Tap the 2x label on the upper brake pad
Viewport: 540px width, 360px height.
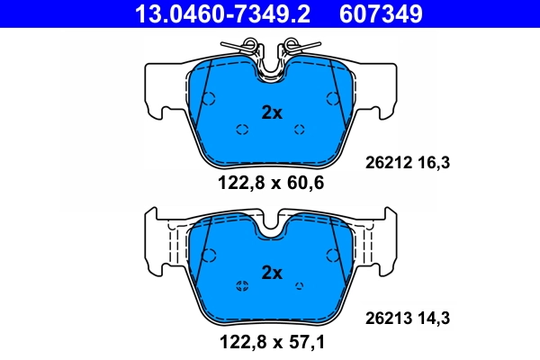pyautogui.click(x=272, y=112)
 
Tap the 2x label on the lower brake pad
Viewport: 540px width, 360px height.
pyautogui.click(x=272, y=272)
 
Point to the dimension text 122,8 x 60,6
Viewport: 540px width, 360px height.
pyautogui.click(x=271, y=184)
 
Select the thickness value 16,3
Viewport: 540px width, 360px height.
pyautogui.click(x=433, y=162)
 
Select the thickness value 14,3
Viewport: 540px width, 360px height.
pyautogui.click(x=433, y=317)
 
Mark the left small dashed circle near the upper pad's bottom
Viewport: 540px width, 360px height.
pyautogui.click(x=241, y=130)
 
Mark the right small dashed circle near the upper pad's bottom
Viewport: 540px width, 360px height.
pyautogui.click(x=300, y=130)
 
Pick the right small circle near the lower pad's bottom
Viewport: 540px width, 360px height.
pyautogui.click(x=300, y=286)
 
